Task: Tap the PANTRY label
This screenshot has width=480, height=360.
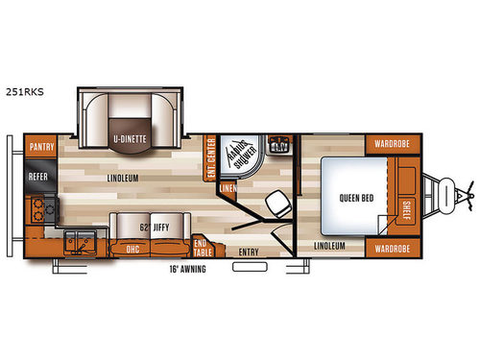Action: coord(40,146)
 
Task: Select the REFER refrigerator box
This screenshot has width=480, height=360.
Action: coord(38,177)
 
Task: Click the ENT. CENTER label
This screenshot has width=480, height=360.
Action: coord(211,153)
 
